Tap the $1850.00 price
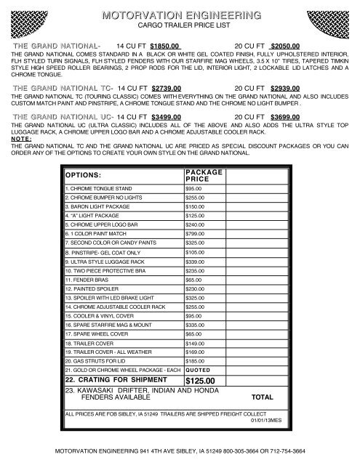click(x=164, y=44)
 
